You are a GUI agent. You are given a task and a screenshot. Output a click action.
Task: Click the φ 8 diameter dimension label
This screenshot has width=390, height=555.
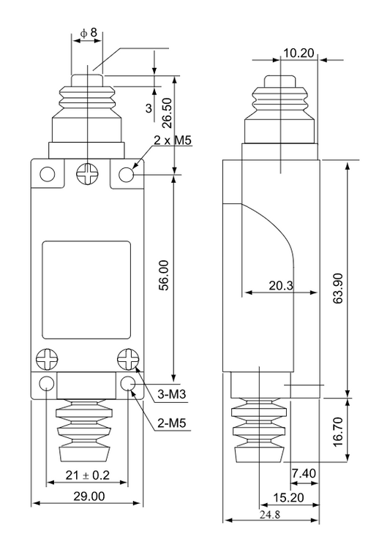click(89, 33)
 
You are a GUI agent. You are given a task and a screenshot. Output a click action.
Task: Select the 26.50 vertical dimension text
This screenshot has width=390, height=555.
click(167, 113)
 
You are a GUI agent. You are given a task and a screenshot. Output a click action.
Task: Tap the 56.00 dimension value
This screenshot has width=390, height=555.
click(164, 275)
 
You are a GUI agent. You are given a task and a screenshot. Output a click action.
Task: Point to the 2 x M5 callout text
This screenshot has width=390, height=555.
click(173, 140)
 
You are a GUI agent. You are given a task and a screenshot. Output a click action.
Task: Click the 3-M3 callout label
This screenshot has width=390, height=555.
click(172, 394)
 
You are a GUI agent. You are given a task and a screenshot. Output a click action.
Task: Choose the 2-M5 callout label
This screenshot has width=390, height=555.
click(172, 423)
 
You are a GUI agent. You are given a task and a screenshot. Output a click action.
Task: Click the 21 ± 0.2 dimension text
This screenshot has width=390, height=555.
click(88, 475)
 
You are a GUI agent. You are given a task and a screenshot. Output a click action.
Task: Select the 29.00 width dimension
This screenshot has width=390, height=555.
click(89, 496)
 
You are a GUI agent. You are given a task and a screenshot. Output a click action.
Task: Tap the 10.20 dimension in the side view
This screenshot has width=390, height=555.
click(299, 53)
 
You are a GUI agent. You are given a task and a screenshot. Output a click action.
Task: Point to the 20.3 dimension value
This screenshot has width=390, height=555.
click(281, 285)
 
